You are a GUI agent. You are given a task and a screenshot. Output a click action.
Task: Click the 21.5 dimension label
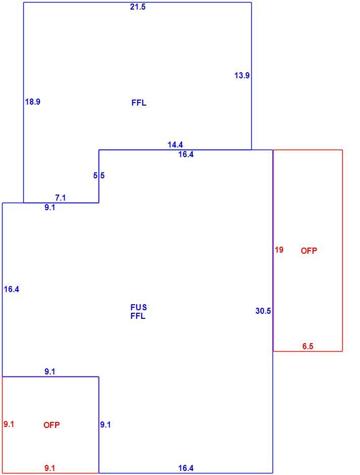coord(138,7)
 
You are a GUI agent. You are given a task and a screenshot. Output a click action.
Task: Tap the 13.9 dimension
coord(242,75)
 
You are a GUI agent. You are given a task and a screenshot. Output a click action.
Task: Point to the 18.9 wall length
coord(33,102)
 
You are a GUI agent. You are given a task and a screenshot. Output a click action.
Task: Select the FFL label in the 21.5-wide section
coord(139,103)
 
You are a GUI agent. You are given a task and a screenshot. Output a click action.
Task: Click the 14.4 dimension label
coord(175,145)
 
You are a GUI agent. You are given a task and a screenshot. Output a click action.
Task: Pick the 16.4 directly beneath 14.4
coord(186,155)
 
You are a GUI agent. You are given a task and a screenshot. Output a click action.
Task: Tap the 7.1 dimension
coord(60,198)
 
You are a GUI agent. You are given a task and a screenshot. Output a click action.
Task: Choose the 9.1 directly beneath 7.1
coord(50,208)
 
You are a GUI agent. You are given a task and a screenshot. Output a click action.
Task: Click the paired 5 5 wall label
coord(99,175)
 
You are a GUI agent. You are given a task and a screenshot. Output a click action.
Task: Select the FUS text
coord(139,307)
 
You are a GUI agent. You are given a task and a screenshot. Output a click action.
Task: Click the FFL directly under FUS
coord(138,316)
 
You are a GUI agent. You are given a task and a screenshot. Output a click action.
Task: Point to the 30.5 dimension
coord(263,311)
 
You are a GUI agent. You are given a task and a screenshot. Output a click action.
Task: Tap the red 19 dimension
coord(279,250)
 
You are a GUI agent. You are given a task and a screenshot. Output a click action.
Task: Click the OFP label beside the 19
coord(309,251)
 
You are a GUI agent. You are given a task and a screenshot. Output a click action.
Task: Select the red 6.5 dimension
coord(307,346)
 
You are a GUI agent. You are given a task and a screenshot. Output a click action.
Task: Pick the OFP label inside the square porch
coord(52,425)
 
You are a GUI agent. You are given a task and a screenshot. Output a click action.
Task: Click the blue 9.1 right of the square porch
coord(106,424)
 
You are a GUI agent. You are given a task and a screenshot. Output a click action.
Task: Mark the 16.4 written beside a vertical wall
coord(12,290)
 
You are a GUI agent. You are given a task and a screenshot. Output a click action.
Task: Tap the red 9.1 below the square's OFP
coord(50,468)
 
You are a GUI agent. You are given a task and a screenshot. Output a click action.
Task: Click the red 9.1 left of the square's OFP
coord(9,424)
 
